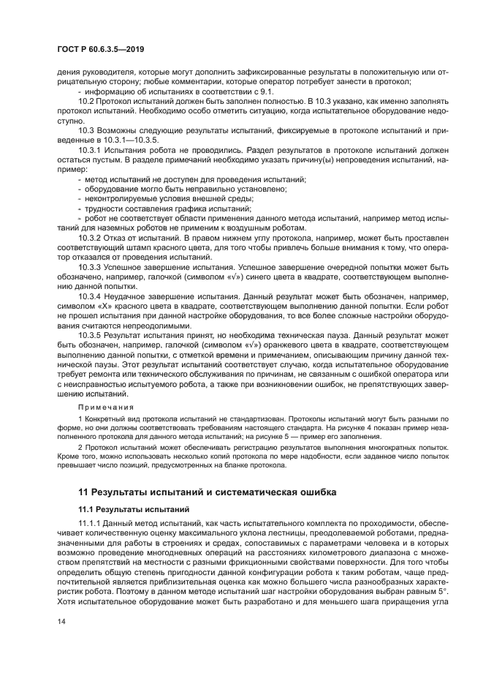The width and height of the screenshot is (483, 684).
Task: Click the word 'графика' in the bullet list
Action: (171, 209)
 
